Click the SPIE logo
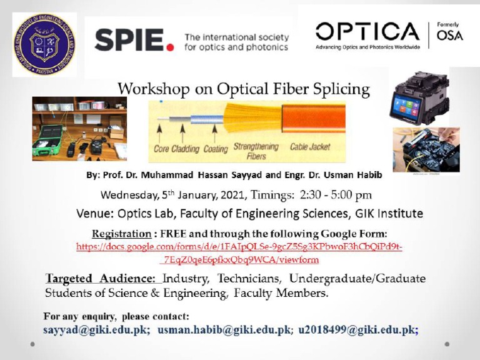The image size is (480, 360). pos(134,40)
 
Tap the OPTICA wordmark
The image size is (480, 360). pos(367,32)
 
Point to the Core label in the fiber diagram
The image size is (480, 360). pos(162,149)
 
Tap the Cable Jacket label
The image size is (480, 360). pos(311,147)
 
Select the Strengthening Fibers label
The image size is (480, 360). pos(256,151)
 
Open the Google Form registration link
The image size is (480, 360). pos(239,253)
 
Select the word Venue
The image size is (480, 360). pos(94,214)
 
